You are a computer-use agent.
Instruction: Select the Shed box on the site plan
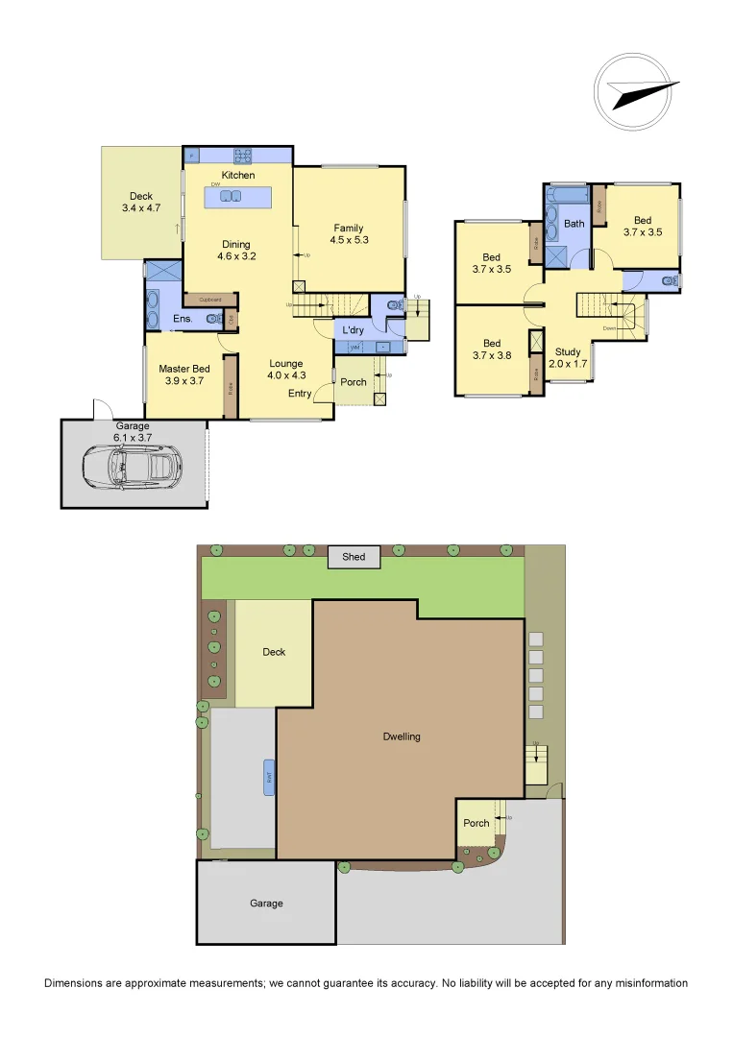[354, 557]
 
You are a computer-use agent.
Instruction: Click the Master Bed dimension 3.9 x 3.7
[184, 381]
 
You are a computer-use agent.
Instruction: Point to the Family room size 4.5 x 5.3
[349, 240]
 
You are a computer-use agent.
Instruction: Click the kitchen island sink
[231, 196]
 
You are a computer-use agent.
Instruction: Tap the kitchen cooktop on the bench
[242, 155]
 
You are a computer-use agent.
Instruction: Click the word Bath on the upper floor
[574, 224]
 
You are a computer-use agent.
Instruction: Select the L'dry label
[353, 330]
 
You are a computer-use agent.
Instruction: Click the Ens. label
[183, 319]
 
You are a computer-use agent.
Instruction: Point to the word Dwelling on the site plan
[401, 736]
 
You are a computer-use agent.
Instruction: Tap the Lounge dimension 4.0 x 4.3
[286, 375]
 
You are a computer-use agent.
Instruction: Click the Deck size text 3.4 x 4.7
[140, 208]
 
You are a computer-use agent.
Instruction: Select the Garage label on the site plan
[266, 903]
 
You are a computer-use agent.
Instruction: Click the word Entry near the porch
[299, 394]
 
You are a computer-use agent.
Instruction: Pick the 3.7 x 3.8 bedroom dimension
[492, 356]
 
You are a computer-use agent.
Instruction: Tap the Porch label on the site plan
[476, 823]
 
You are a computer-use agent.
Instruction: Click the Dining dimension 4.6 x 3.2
[236, 256]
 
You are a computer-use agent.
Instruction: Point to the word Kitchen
[238, 176]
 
